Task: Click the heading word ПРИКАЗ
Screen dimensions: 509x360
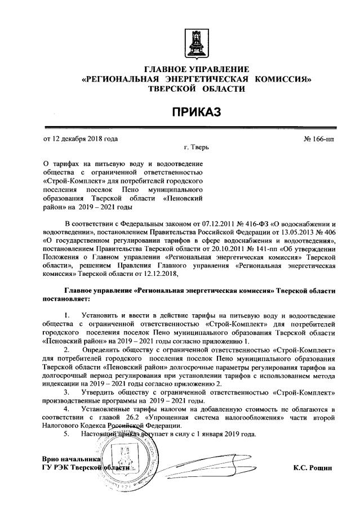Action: click(x=197, y=111)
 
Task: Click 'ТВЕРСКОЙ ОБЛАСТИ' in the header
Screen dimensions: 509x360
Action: click(x=197, y=89)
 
